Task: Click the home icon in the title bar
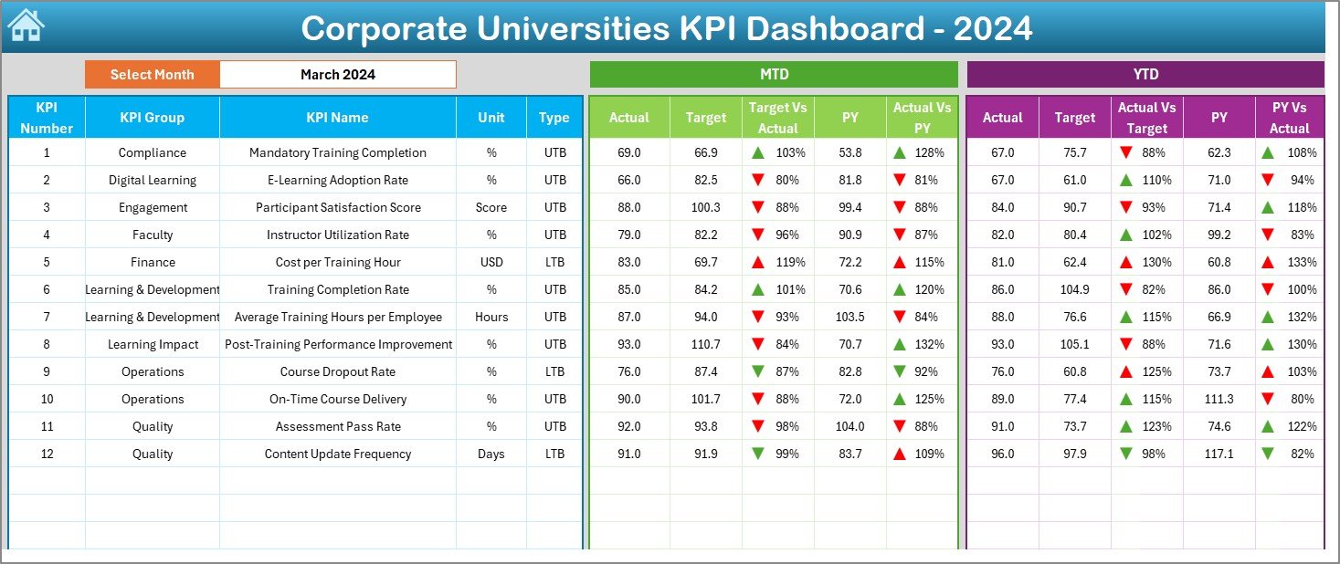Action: tap(26, 26)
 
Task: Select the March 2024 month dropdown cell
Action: tap(338, 75)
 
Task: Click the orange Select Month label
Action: tap(152, 75)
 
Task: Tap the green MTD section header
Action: tap(774, 74)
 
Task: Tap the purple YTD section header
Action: tap(1145, 74)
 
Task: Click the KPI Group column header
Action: tap(152, 118)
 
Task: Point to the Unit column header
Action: tap(491, 118)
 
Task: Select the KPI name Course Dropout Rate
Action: tap(338, 371)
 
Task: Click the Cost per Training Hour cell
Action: tap(338, 262)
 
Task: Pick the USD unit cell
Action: tap(491, 262)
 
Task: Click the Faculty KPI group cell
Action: tap(152, 235)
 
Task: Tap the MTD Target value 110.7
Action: tap(705, 344)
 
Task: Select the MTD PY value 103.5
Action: tap(849, 317)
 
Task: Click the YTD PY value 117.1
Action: tap(1219, 454)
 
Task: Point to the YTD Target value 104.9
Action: tap(1074, 289)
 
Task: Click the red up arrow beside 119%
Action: tap(757, 262)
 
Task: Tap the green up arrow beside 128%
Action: tap(900, 152)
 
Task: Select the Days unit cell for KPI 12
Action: tap(491, 454)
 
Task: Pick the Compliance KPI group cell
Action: tap(152, 152)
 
